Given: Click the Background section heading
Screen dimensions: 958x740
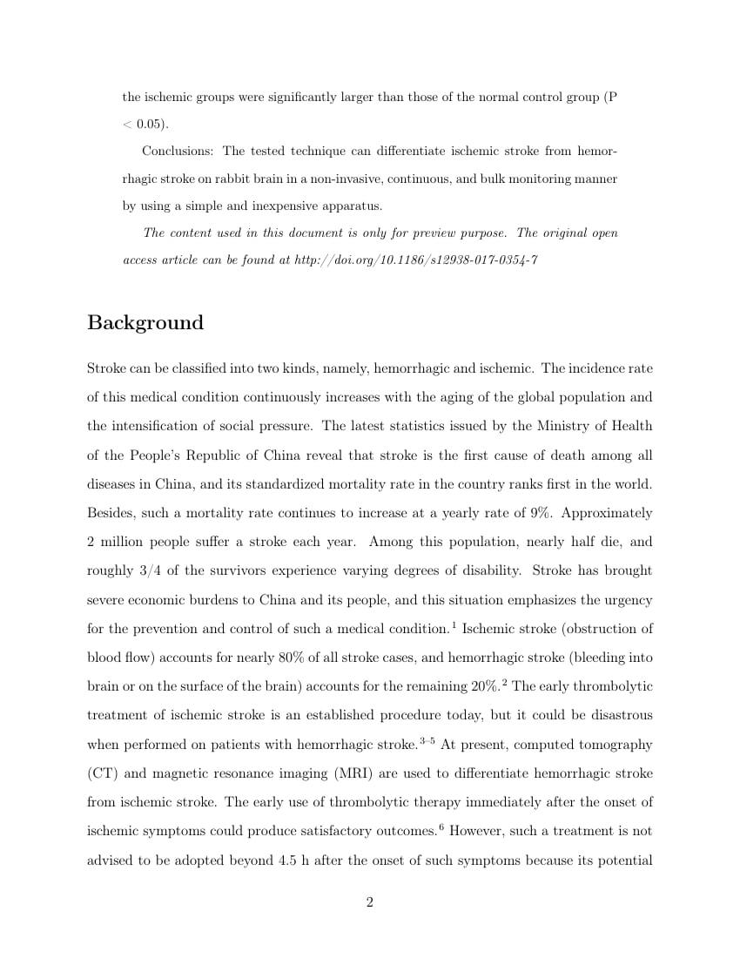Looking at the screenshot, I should pyautogui.click(x=145, y=323).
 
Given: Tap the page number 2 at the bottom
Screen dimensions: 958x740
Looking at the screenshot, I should pyautogui.click(x=369, y=902).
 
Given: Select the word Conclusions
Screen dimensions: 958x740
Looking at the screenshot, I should pyautogui.click(x=178, y=151).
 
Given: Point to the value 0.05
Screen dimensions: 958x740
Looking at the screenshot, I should pyautogui.click(x=151, y=124).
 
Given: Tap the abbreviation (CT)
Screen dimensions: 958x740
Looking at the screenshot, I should pyautogui.click(x=101, y=773).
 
